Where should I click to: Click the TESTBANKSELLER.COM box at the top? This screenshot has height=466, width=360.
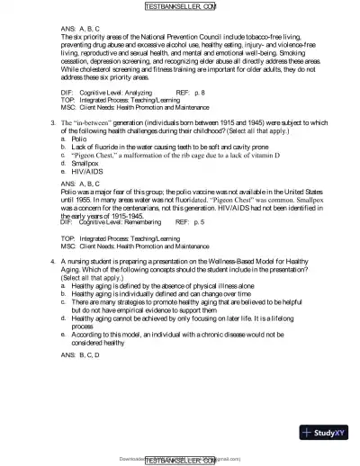(x=180, y=7)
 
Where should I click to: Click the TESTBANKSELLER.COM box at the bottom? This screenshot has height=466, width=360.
(x=180, y=459)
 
